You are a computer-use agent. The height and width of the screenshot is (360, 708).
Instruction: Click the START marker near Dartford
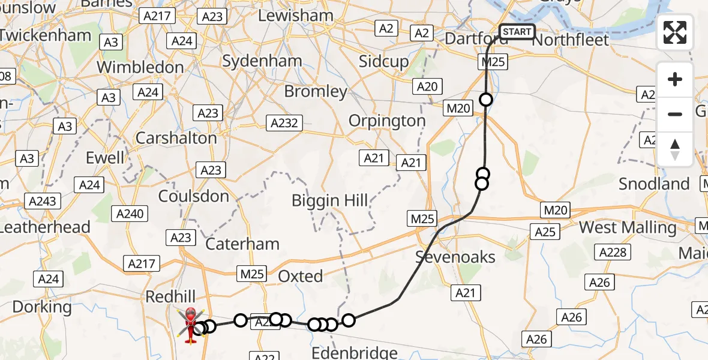coord(517,31)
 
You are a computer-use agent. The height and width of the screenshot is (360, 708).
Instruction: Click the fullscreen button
coord(675,32)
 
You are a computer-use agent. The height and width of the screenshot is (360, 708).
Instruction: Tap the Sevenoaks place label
coord(456,257)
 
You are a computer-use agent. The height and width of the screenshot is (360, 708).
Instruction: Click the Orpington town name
coord(387,121)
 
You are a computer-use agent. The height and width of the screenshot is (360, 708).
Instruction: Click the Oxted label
coord(300,276)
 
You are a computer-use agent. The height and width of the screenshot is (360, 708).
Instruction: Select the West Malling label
coord(627,228)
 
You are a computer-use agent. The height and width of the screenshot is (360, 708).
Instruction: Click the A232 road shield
coord(283,122)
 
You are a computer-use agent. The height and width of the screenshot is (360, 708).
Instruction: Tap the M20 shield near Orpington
coord(458,108)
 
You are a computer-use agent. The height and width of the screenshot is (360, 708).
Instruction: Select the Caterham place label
coord(242,244)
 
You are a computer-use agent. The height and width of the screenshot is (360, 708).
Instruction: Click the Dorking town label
coord(42,307)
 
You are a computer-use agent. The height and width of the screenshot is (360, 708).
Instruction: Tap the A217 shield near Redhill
coord(142,263)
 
